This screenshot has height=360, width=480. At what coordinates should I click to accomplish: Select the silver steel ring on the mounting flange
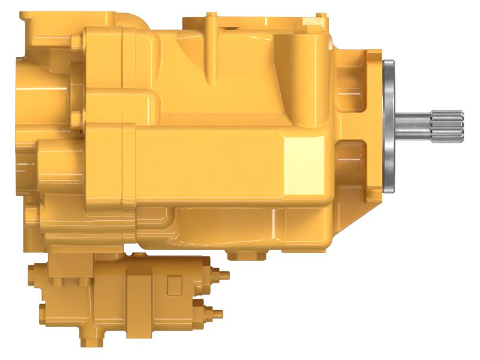(x=388, y=127)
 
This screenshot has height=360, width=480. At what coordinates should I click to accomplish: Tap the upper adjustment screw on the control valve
(x=220, y=275)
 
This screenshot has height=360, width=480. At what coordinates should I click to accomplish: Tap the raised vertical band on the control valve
(x=137, y=300)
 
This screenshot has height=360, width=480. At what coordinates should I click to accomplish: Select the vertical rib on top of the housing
(x=211, y=48)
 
